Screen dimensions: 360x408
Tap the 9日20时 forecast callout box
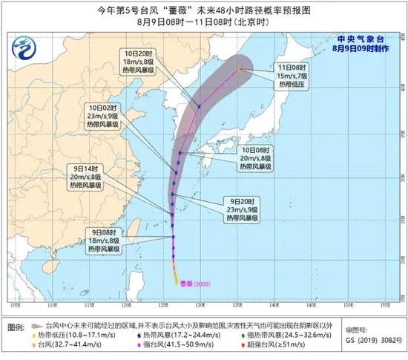pyautogui.click(x=242, y=209)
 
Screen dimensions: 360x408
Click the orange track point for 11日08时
pyautogui.click(x=239, y=70)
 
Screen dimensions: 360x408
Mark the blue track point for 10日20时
pyautogui.click(x=199, y=105)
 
